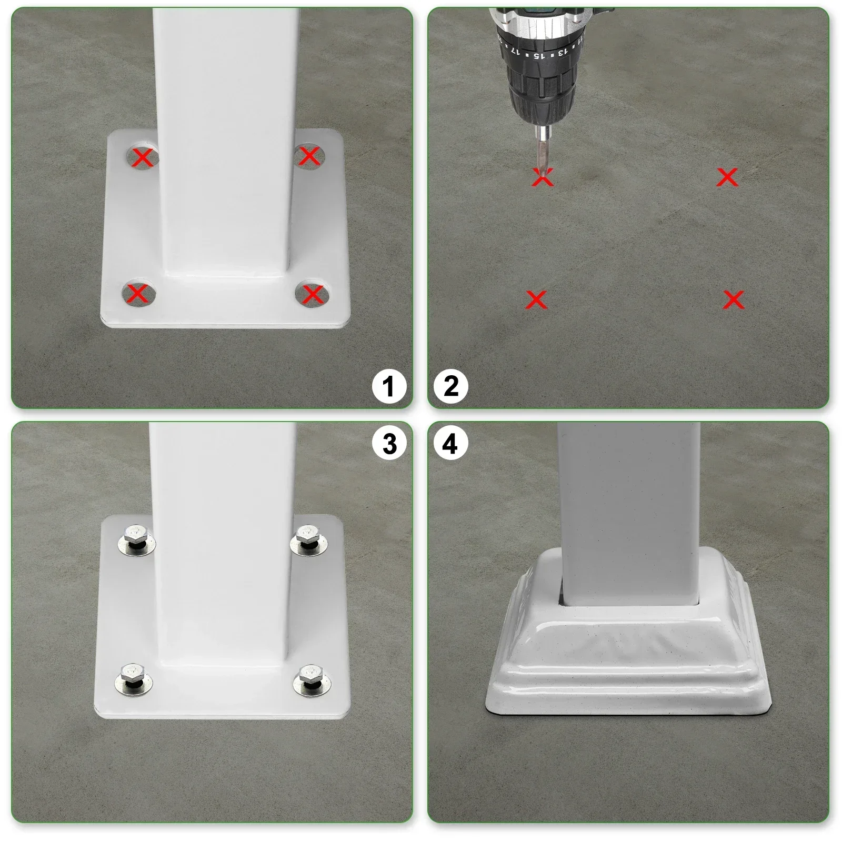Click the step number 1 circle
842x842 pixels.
(389, 387)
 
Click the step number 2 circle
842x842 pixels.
(451, 387)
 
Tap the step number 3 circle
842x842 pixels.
(389, 444)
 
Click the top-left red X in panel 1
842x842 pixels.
(143, 157)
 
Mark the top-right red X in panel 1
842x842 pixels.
(309, 156)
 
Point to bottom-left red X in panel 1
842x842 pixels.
(138, 293)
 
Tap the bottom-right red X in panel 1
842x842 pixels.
(313, 294)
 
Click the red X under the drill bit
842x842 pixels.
(543, 178)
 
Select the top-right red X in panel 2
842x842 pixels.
(727, 177)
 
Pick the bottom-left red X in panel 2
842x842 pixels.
(536, 300)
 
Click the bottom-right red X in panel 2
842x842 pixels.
(733, 299)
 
